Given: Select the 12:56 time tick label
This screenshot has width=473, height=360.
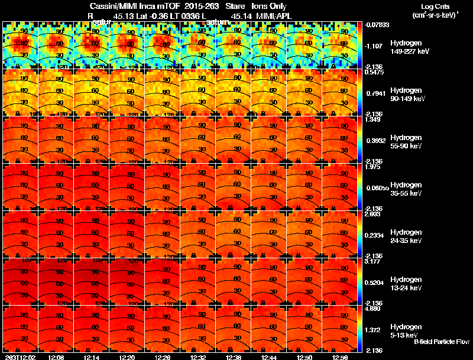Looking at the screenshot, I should [340, 357].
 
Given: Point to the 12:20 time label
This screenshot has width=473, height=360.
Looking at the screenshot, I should [127, 357].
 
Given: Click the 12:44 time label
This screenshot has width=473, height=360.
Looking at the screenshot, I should [269, 357].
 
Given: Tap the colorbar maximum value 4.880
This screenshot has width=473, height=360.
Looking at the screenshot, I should [372, 309].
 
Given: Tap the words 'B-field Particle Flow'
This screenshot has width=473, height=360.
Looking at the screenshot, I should [442, 342].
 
